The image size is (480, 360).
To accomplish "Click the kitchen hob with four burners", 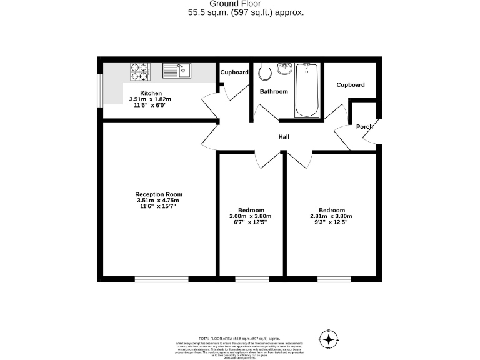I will pyautogui.click(x=140, y=72).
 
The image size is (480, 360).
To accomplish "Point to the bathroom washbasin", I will pyautogui.click(x=285, y=68).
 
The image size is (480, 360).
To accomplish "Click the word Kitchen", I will pyautogui.click(x=151, y=93).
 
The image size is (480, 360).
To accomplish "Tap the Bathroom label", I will pyautogui.click(x=274, y=92).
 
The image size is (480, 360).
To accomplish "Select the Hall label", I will pyautogui.click(x=284, y=137).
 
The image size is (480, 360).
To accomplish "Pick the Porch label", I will pyautogui.click(x=364, y=127).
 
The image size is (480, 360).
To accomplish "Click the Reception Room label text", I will pyautogui.click(x=159, y=194).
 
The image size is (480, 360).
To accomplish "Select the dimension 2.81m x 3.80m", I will pyautogui.click(x=331, y=216).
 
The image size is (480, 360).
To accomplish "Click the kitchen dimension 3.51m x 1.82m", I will pyautogui.click(x=150, y=99).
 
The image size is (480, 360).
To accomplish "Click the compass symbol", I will pyautogui.click(x=328, y=339).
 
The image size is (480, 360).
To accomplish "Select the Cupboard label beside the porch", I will pyautogui.click(x=351, y=85).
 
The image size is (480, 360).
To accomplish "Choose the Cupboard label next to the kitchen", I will pyautogui.click(x=234, y=72).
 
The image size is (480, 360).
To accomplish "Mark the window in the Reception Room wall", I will pyautogui.click(x=161, y=278).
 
